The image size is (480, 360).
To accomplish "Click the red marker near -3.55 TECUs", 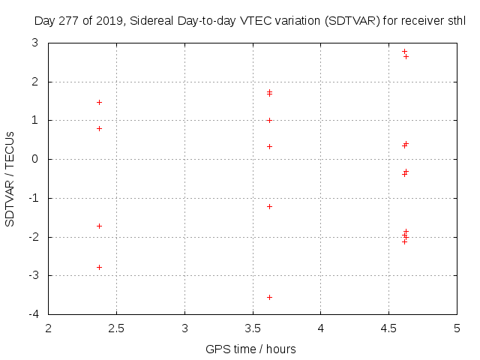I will click(269, 297).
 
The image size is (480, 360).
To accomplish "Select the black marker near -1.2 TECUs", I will click(269, 206).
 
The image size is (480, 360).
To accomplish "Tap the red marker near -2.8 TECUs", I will click(99, 267).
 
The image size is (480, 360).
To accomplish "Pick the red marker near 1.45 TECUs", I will click(99, 102).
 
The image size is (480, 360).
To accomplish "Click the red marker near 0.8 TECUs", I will click(99, 128).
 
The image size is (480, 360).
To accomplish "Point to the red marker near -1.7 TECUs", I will click(99, 226).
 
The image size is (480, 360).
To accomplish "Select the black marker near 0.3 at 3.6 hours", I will click(269, 146).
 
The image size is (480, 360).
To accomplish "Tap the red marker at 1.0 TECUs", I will click(269, 120).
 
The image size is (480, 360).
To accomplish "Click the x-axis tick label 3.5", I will click(253, 328).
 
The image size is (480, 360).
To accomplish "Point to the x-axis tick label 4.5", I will click(388, 328).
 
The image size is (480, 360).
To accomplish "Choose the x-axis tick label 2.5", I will click(116, 328).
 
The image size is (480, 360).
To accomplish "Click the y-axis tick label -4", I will click(34, 314).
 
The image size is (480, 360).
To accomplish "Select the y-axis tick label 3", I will click(36, 43).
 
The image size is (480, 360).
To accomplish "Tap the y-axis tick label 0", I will click(36, 159).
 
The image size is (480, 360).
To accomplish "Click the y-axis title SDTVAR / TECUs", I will click(10, 178).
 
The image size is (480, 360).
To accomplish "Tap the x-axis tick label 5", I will click(457, 328).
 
